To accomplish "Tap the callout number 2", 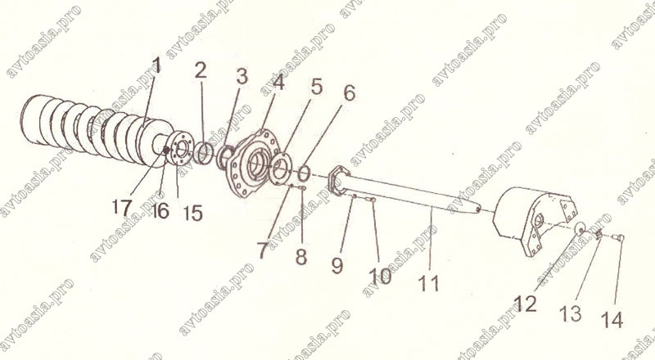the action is pyautogui.click(x=201, y=71).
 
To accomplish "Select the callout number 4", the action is pyautogui.click(x=278, y=82).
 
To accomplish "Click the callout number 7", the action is pyautogui.click(x=262, y=250).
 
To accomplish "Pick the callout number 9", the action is pyautogui.click(x=337, y=265).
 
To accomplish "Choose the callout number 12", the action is pyautogui.click(x=526, y=304).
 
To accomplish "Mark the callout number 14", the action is pyautogui.click(x=612, y=320).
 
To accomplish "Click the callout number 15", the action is pyautogui.click(x=193, y=213).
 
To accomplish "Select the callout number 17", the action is pyautogui.click(x=122, y=207).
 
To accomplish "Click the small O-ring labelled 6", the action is pyautogui.click(x=304, y=173).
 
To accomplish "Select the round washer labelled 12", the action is pyautogui.click(x=580, y=229).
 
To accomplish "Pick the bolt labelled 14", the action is pyautogui.click(x=618, y=237).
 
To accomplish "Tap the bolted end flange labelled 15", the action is pyautogui.click(x=180, y=149).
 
